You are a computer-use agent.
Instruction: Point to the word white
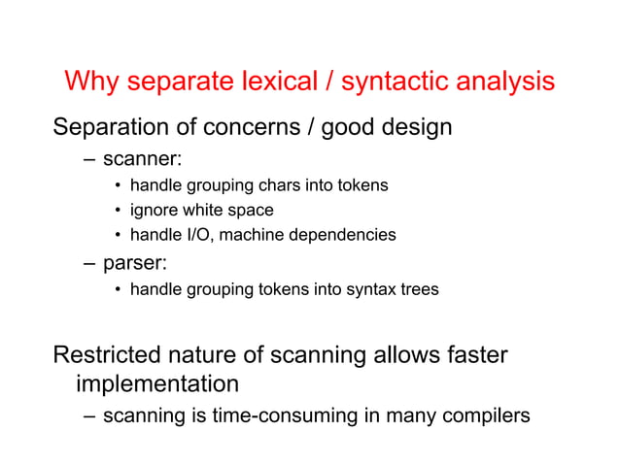(x=204, y=210)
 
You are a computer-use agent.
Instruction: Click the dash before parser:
(x=89, y=263)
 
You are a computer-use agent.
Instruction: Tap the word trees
(x=418, y=288)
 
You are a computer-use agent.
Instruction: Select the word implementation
(x=156, y=383)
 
